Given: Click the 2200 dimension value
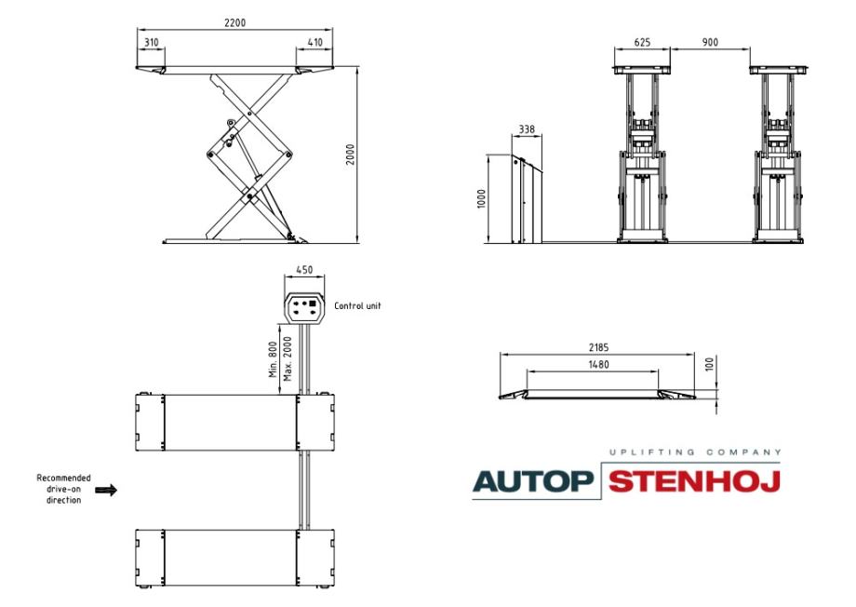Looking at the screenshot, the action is click(x=234, y=23).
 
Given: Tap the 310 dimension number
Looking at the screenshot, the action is click(x=152, y=42).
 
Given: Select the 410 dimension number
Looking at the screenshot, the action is click(x=315, y=42).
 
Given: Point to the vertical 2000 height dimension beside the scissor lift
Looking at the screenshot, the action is click(x=351, y=154).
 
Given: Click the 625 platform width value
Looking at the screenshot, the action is click(x=642, y=42).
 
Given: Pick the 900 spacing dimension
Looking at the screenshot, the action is click(x=710, y=42).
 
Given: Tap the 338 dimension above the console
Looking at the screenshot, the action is click(x=527, y=129).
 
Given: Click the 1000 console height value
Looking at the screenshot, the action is click(x=481, y=199).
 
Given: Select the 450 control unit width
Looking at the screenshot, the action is click(x=304, y=270).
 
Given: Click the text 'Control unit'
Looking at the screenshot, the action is click(x=357, y=306).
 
